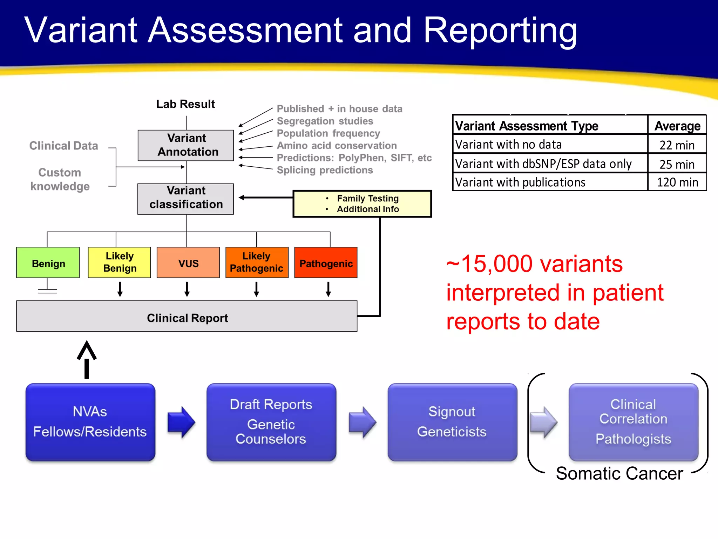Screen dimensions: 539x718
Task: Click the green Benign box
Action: click(x=48, y=263)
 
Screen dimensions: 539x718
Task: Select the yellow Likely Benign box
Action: click(x=120, y=262)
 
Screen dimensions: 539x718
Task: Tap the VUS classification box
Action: click(x=188, y=263)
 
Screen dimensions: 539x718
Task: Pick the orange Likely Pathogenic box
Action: click(x=257, y=262)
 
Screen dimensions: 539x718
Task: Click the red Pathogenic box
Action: click(x=326, y=263)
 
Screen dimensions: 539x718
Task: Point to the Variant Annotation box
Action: click(x=186, y=145)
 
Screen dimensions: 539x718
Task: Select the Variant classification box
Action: click(x=186, y=199)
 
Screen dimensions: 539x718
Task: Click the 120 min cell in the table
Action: click(x=677, y=182)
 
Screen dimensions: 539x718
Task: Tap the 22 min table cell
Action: click(x=677, y=145)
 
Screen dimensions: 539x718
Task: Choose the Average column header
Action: click(x=677, y=126)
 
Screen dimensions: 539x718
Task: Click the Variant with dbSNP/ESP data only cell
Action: click(x=543, y=164)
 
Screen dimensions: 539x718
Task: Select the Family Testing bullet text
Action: click(x=367, y=198)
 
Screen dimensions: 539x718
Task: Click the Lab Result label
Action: click(x=185, y=104)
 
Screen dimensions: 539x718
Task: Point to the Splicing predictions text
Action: click(x=325, y=170)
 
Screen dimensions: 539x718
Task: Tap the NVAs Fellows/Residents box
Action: click(x=90, y=422)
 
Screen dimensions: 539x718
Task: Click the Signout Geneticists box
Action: click(x=452, y=422)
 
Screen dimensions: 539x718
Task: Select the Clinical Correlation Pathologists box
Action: click(x=633, y=422)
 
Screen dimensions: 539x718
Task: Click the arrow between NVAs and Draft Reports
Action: click(x=181, y=422)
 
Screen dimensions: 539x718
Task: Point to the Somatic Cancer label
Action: click(x=619, y=473)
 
